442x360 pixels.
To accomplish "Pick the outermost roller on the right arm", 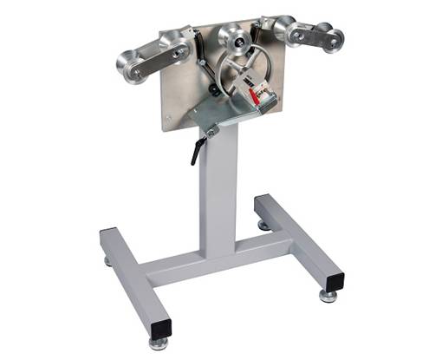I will point(332,41).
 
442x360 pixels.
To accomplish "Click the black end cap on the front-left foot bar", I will point(159,328).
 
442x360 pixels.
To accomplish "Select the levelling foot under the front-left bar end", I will point(158,344).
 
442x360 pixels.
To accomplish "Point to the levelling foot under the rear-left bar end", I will point(107,260).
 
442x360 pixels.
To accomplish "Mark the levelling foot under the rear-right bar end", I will point(263,226).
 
